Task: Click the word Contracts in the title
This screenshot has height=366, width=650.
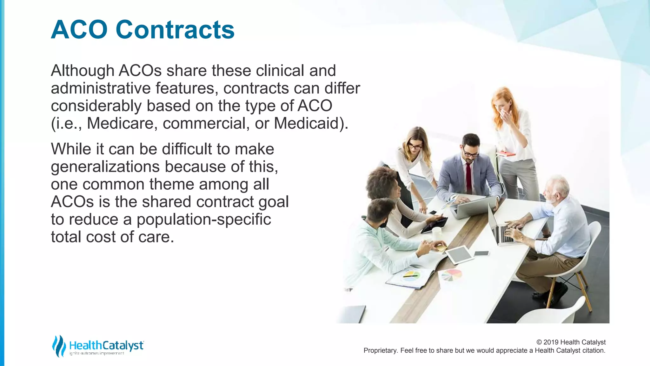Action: pos(175,30)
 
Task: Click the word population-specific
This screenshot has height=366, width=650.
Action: pos(204,219)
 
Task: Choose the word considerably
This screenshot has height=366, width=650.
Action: pos(96,106)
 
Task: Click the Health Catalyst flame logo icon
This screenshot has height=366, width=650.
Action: pos(59,346)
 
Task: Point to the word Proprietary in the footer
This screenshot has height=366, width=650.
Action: pos(380,350)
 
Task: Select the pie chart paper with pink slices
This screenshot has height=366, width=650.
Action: pos(451,274)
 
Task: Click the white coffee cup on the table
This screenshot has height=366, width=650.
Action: pos(437,234)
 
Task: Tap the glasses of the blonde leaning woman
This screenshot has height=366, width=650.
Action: pos(414,147)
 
